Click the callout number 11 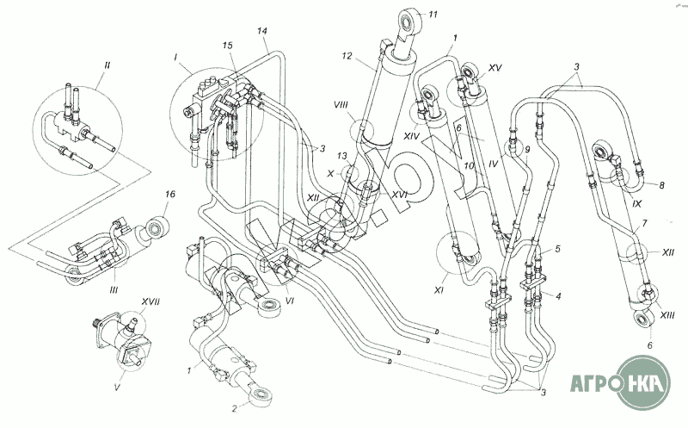(x=433, y=14)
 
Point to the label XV (x=494, y=67)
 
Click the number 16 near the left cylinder (x=170, y=195)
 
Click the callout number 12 (x=347, y=56)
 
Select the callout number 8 (x=661, y=184)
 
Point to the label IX (x=637, y=204)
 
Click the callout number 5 (x=557, y=249)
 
